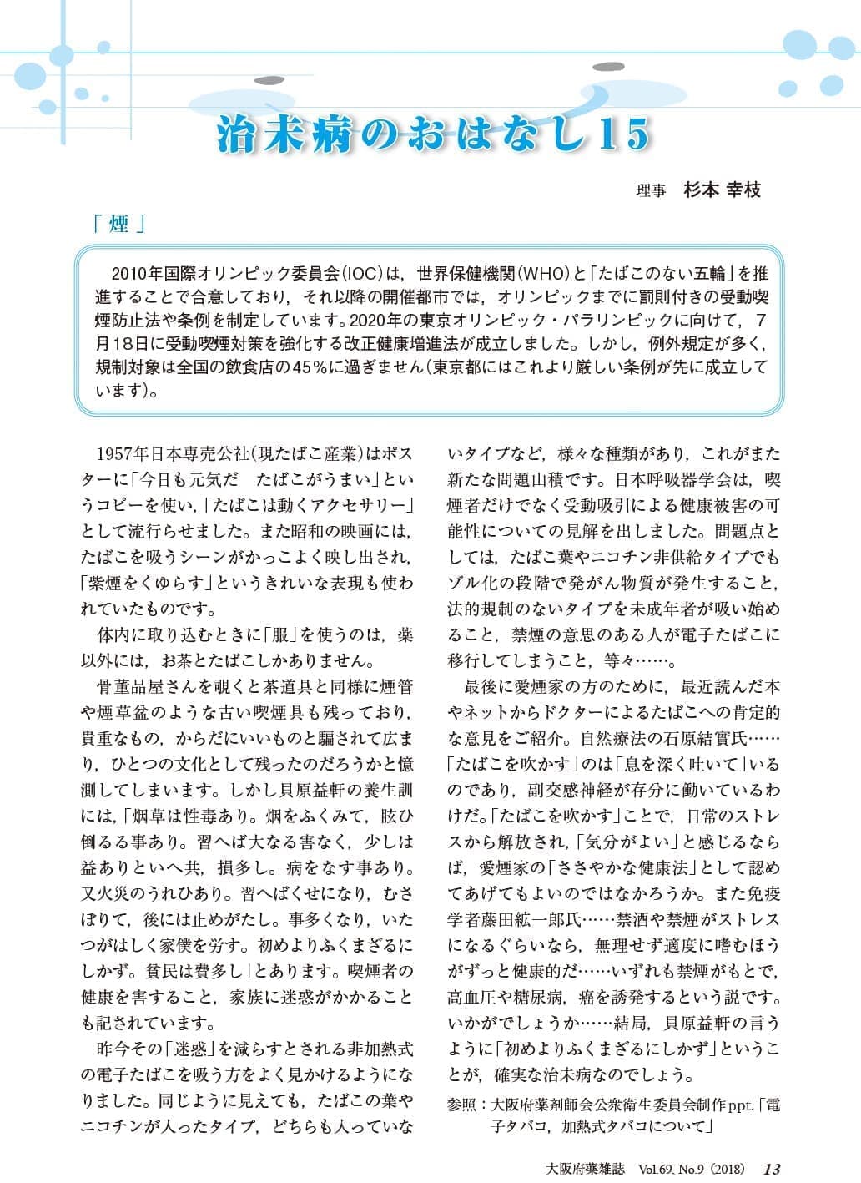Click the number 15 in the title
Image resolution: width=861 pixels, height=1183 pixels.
[x=622, y=134]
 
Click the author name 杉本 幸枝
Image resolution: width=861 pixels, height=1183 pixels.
[x=722, y=190]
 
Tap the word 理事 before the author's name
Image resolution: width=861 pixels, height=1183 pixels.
[x=651, y=190]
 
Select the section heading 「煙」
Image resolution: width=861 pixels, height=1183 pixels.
[x=119, y=224]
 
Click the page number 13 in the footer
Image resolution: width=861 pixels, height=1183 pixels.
[x=772, y=1168]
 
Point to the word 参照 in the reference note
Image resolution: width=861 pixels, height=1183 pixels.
[x=462, y=1105]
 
